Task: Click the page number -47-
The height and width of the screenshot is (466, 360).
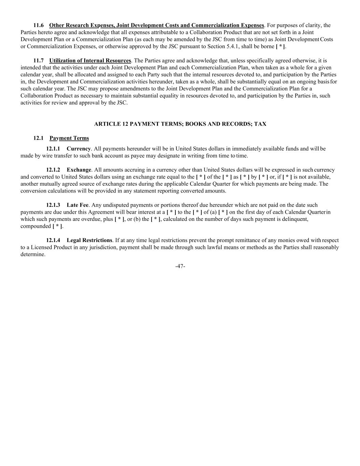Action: pos(180,266)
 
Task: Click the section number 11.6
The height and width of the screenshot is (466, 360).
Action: pos(38,25)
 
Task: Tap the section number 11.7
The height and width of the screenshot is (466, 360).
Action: pos(38,61)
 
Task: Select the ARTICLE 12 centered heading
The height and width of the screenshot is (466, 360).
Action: pos(180,124)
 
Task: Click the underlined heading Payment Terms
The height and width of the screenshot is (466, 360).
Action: pos(69,138)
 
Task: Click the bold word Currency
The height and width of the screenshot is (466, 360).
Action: pos(78,149)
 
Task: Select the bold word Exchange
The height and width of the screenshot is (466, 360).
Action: pos(79,170)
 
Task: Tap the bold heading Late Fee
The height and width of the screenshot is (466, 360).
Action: pos(77,205)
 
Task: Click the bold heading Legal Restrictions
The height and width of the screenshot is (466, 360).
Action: pos(89,240)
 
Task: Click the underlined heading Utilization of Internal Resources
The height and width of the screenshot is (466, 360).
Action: pos(90,61)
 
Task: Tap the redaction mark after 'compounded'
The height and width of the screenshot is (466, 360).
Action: pos(57,226)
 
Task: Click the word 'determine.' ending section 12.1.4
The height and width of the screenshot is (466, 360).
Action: pos(33,254)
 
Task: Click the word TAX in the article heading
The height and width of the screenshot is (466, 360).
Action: pos(260,124)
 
